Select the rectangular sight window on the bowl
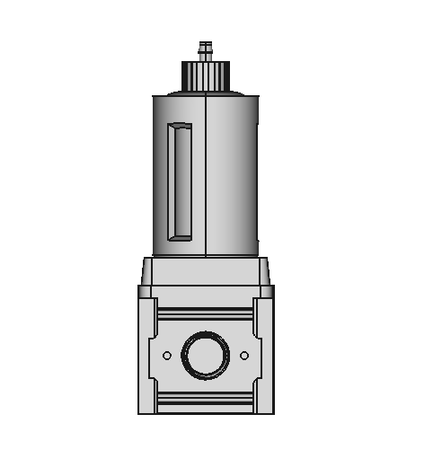[181, 182]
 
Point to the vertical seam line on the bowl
[206, 171]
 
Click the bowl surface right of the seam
[233, 171]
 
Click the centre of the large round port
[206, 356]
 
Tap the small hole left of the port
[167, 356]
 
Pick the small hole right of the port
[244, 356]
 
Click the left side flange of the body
[147, 350]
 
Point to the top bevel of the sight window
[181, 127]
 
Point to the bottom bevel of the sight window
[181, 238]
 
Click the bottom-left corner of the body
[141, 411]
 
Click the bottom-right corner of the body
[270, 411]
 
